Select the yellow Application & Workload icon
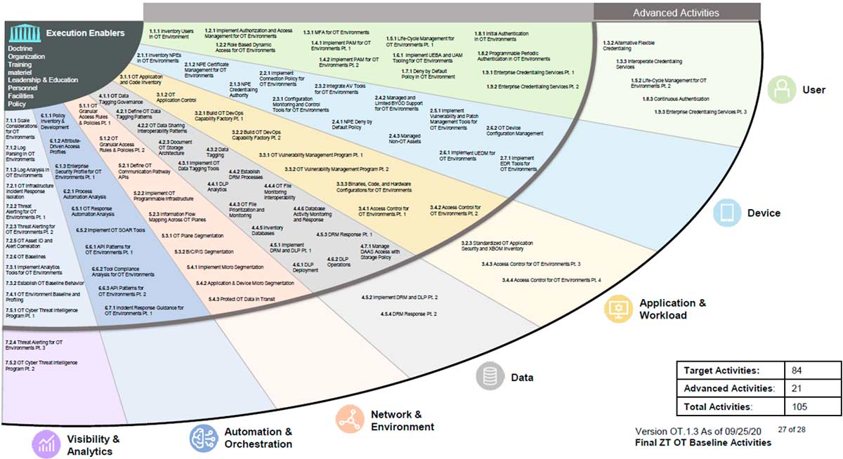(619, 309)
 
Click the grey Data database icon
(490, 377)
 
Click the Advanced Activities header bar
(676, 12)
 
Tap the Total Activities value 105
(798, 406)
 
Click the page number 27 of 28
(792, 429)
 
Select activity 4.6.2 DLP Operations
(339, 262)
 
